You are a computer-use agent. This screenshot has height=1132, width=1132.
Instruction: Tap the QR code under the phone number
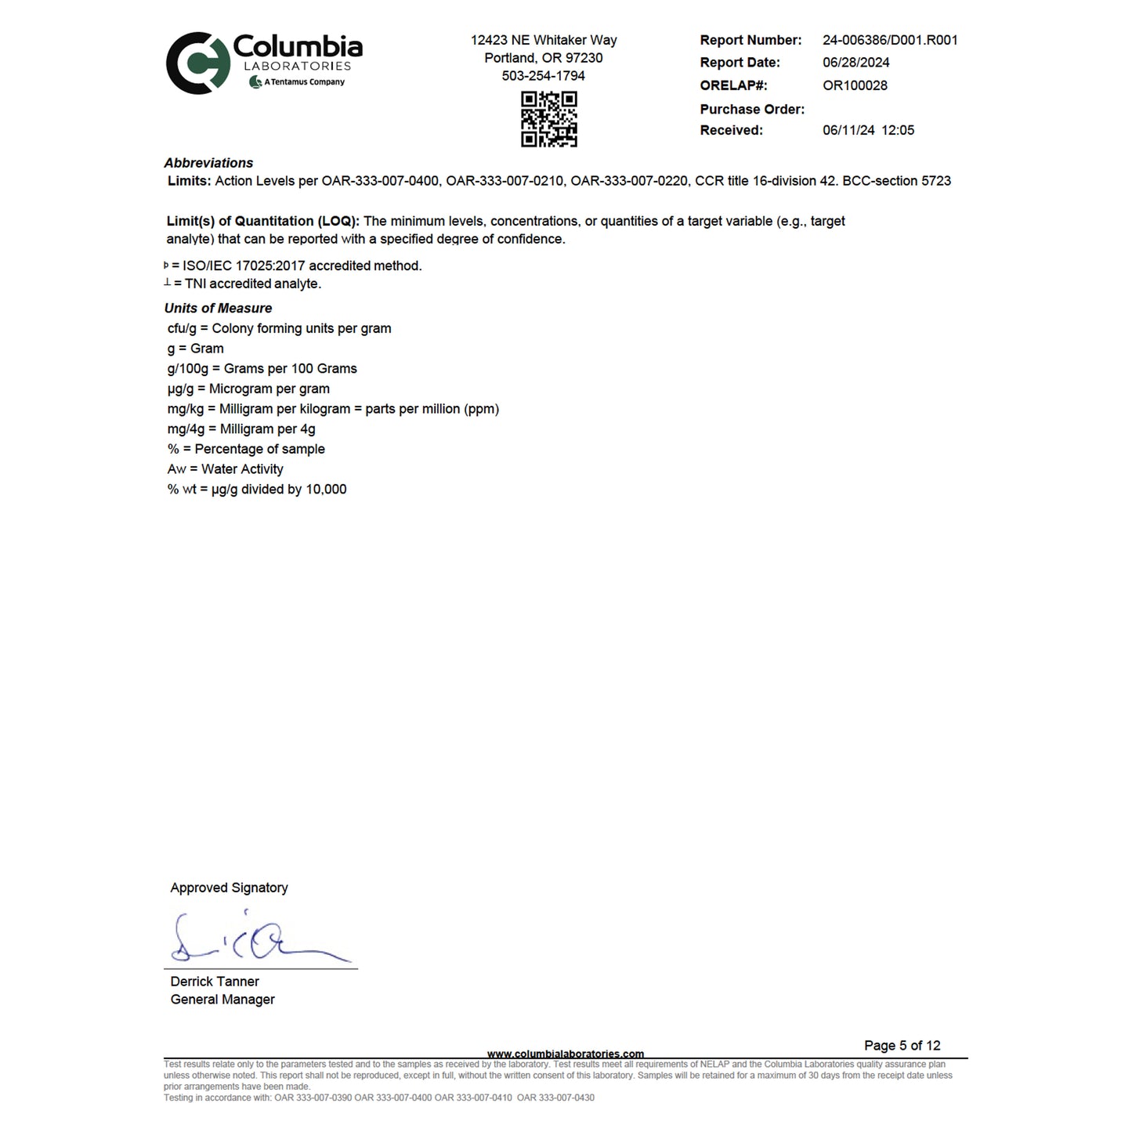(x=549, y=119)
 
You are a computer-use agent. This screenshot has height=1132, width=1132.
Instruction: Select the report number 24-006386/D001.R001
(x=890, y=40)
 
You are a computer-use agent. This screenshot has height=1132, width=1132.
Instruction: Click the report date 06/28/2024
(x=855, y=63)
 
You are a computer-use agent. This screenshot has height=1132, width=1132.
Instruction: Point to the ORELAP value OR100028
(x=855, y=85)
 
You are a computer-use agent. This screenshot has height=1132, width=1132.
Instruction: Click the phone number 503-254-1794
(x=543, y=76)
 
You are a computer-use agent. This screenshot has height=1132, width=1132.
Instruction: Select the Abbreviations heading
(x=208, y=163)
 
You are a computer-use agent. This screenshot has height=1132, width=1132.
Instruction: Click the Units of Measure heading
(x=218, y=309)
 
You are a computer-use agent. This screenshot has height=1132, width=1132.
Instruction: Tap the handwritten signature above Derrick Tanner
(x=259, y=939)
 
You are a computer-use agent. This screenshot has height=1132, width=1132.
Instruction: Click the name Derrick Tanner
(x=215, y=982)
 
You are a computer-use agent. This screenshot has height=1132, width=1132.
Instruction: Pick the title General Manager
(x=222, y=1000)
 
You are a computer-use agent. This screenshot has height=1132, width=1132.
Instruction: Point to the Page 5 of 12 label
(x=902, y=1046)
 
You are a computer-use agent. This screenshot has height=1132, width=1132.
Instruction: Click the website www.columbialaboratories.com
(x=565, y=1054)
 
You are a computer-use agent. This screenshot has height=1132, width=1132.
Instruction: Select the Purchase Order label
(x=752, y=110)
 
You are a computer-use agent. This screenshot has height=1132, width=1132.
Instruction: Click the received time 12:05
(x=897, y=131)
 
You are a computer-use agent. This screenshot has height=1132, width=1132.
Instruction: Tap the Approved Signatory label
(x=229, y=888)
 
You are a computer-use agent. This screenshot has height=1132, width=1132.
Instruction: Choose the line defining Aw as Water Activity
(x=225, y=469)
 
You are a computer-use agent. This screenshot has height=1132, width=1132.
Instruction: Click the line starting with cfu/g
(x=279, y=328)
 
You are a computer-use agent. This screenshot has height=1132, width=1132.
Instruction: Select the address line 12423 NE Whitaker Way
(x=543, y=40)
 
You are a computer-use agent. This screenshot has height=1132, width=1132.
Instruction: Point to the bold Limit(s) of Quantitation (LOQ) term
(x=262, y=222)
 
